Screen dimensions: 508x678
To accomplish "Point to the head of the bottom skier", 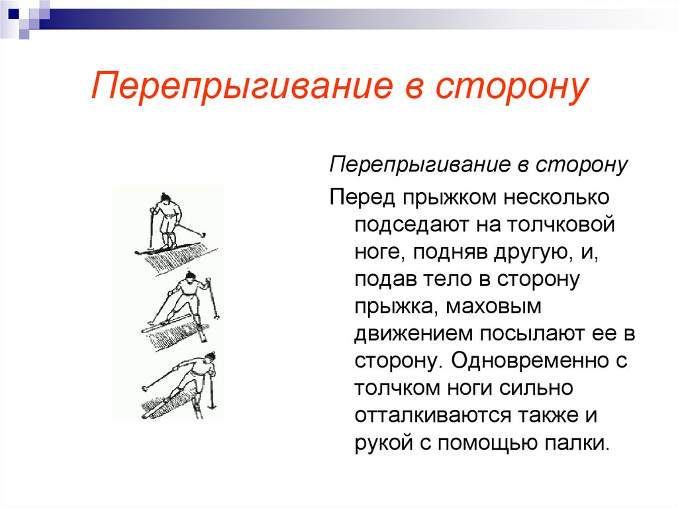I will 209,357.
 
